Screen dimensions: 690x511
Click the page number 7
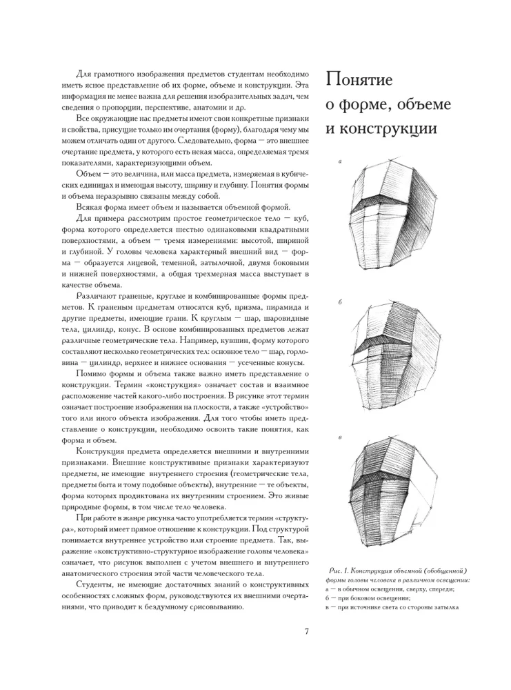pos(307,630)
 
